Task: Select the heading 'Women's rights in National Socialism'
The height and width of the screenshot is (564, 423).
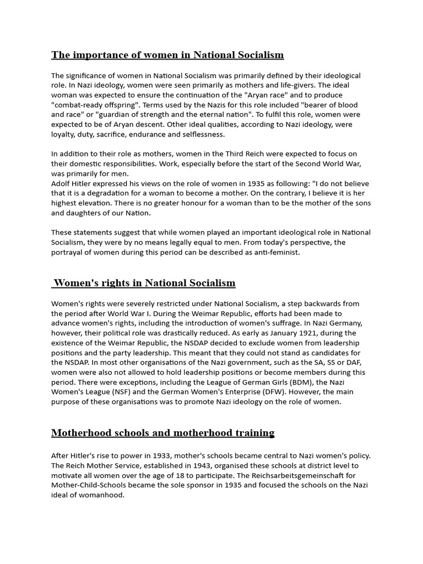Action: pos(144,283)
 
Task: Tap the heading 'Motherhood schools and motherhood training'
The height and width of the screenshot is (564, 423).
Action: pos(162,433)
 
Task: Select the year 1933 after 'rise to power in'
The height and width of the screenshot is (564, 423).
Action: pos(167,455)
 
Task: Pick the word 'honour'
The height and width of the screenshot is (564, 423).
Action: pos(178,203)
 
